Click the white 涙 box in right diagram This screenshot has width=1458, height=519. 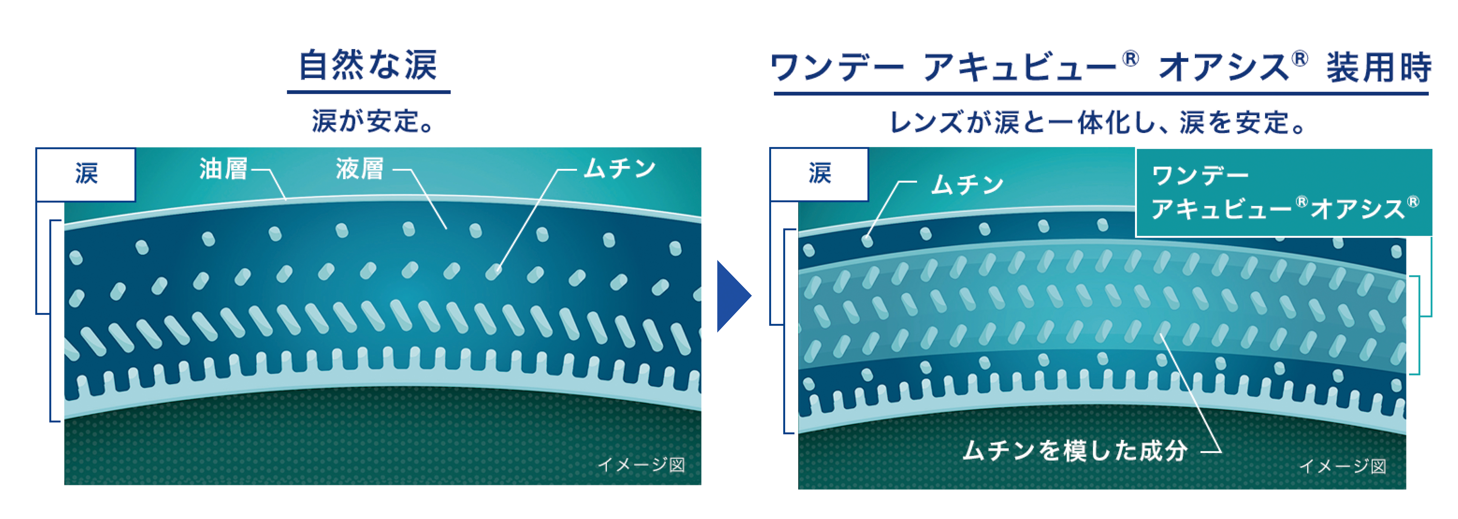(819, 174)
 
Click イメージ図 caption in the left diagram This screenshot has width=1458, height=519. (641, 465)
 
